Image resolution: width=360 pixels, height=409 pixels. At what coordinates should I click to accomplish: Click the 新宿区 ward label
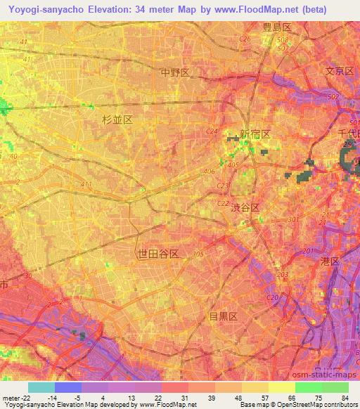(x=255, y=134)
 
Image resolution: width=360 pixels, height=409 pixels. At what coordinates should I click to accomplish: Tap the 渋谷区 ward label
(x=245, y=208)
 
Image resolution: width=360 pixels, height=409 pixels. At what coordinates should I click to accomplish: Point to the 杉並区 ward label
(x=117, y=120)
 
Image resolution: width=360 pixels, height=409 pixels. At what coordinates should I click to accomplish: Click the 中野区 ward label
(x=175, y=72)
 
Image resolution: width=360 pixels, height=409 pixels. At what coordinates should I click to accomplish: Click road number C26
(x=245, y=39)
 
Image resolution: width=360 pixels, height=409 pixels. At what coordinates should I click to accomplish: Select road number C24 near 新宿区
(x=212, y=131)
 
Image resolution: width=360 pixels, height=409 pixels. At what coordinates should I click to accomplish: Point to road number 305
(x=198, y=254)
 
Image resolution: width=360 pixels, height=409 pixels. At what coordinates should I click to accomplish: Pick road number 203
(x=283, y=274)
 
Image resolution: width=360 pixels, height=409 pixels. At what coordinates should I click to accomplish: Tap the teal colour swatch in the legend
(x=41, y=387)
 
